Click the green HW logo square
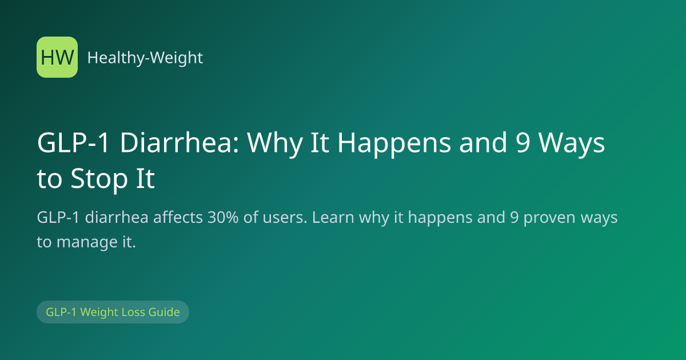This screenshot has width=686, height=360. pos(57,57)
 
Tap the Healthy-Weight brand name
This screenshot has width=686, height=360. pos(145,58)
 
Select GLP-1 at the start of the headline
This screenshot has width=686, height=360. pos(73,143)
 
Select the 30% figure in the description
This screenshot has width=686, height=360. pos(223,217)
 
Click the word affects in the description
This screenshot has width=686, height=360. pos(178,217)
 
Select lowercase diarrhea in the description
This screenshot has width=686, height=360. pos(117,217)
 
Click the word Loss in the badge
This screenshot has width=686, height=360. pos(133,312)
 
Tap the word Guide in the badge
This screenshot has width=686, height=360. pos(164,312)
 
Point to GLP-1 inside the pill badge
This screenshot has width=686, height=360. pos(61,312)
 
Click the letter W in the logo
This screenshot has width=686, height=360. pos(64,58)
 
